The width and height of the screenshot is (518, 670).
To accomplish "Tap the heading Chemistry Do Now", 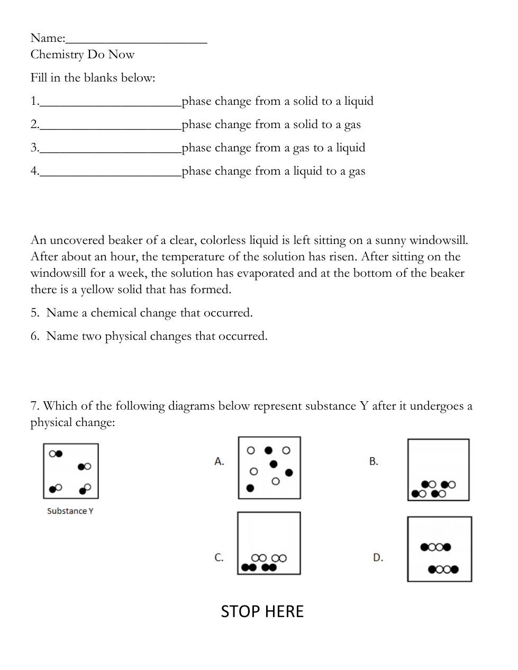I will [x=83, y=55].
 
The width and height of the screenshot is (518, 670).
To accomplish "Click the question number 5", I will [x=34, y=313].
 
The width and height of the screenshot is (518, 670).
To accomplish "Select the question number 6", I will [x=34, y=336].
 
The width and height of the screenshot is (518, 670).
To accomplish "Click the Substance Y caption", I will [x=70, y=511].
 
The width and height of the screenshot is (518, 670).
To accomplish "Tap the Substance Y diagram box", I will [x=71, y=471].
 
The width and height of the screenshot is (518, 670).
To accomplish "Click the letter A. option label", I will [x=219, y=461].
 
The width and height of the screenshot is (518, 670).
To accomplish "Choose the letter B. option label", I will [x=374, y=461].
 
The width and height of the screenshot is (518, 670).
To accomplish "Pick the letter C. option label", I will [x=219, y=557].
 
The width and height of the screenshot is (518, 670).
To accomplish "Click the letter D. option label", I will [x=378, y=557].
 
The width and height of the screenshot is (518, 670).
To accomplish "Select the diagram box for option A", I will [x=269, y=468].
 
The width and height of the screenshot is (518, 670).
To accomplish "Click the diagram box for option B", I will [x=438, y=470].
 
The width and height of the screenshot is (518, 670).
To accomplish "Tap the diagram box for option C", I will [x=269, y=543].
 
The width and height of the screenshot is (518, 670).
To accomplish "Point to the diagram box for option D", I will [x=439, y=549].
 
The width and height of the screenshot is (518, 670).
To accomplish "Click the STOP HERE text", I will [x=262, y=612].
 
